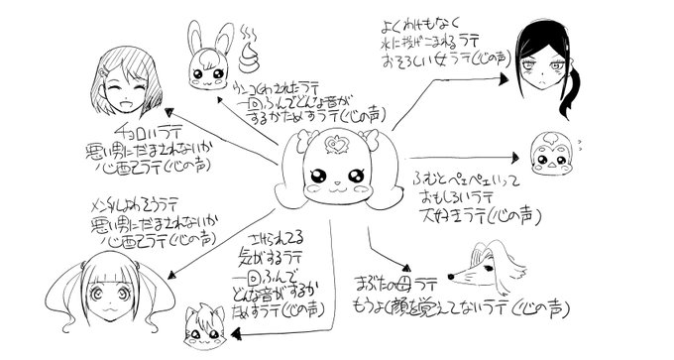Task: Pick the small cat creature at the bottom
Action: [x=207, y=320]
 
